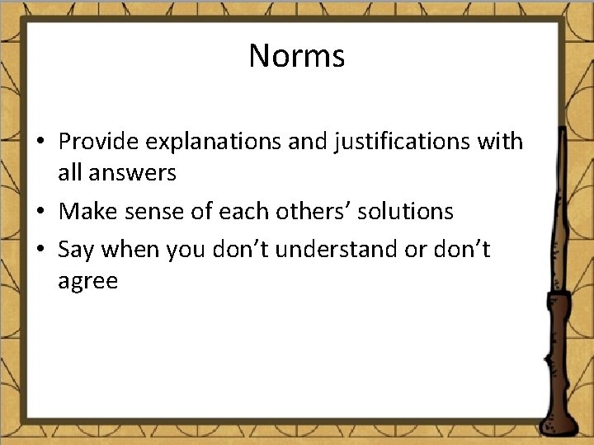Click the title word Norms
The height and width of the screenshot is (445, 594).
[x=297, y=56]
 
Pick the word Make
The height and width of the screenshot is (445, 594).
[x=85, y=212]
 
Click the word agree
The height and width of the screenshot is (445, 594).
[x=87, y=283]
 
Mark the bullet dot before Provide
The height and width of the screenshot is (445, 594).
[x=41, y=143]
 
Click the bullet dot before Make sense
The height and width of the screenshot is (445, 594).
[x=41, y=213]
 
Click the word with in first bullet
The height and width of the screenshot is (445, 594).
[x=500, y=142]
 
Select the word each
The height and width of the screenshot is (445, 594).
[x=239, y=212]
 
